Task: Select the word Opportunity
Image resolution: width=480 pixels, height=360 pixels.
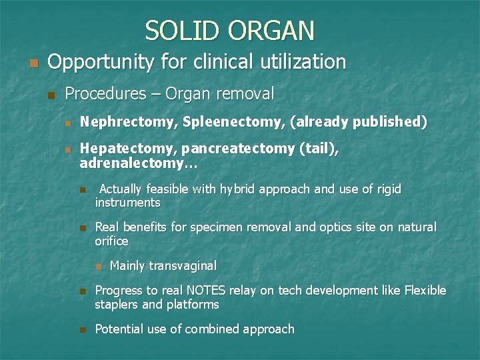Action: (x=102, y=63)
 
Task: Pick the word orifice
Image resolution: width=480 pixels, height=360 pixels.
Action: (x=111, y=241)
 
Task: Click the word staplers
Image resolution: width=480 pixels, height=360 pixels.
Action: (x=117, y=304)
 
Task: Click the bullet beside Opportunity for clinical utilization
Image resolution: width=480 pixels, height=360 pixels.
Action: (x=33, y=64)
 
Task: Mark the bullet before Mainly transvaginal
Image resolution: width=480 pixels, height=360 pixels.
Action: (x=98, y=266)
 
